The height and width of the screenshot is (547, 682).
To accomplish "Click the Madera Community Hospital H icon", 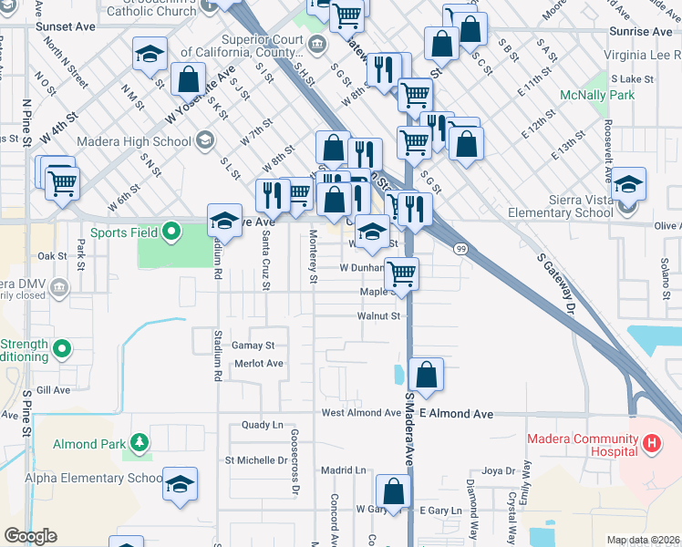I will (651, 444).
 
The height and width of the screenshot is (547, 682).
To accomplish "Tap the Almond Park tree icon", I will (139, 444).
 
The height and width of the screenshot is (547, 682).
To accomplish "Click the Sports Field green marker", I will (170, 232).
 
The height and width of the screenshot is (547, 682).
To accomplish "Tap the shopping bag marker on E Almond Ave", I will (426, 373).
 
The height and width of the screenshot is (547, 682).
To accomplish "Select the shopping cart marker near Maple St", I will (401, 272).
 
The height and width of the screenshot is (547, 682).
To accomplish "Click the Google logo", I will (30, 536).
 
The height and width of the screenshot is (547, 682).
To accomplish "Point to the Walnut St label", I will (380, 316).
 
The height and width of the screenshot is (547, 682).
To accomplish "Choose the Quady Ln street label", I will (263, 426).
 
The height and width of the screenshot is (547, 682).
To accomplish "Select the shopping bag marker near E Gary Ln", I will (393, 491).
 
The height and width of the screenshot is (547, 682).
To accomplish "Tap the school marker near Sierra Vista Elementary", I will (628, 184).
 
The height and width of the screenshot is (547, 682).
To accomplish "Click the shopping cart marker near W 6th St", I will (62, 181).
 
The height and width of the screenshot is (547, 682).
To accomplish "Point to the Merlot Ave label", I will (259, 363).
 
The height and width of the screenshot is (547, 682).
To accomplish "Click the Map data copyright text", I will (642, 540).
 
